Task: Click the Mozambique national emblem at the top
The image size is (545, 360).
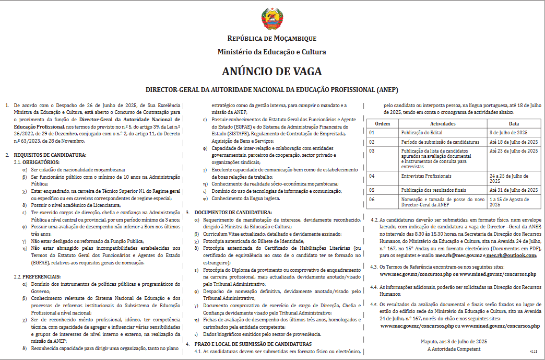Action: pos(272,19)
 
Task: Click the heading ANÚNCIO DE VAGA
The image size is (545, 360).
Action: pos(272,71)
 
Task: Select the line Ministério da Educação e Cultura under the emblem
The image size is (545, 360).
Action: pos(272,52)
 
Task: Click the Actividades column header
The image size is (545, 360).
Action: pos(443,124)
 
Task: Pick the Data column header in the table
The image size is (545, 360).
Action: pos(514,124)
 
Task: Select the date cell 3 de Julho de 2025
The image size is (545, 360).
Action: pos(508,133)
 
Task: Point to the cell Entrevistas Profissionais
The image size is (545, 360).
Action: pos(426,176)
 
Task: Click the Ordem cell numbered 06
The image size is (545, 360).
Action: pos(372,199)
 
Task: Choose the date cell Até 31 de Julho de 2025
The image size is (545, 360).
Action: pos(513,190)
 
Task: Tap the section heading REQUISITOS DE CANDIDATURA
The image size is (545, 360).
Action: pos(50,155)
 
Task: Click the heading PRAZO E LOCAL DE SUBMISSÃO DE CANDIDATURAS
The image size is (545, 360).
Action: pos(253,344)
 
